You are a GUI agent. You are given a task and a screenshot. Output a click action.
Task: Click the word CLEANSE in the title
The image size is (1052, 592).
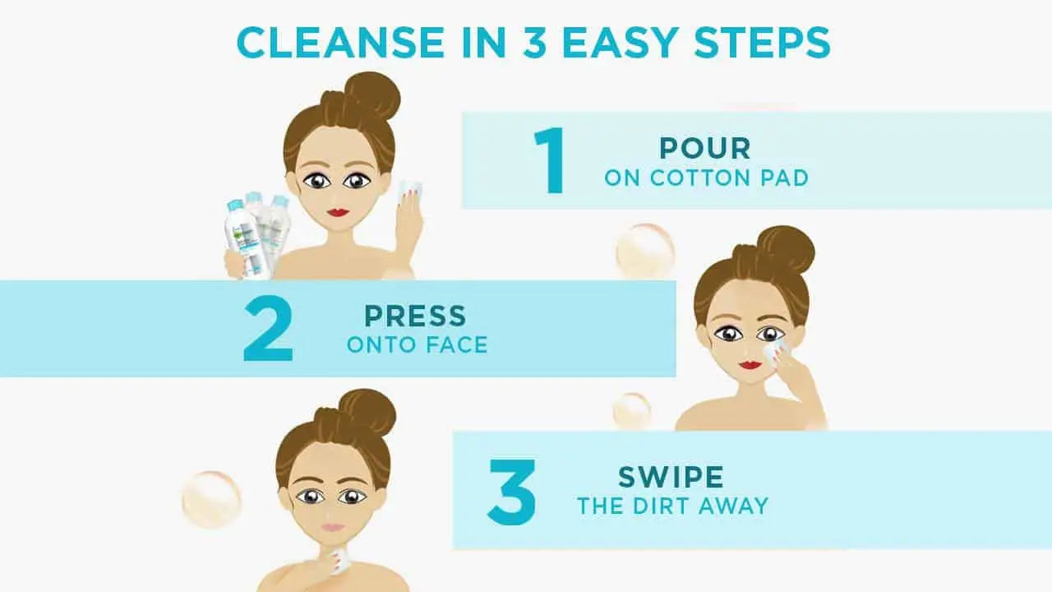click(x=340, y=42)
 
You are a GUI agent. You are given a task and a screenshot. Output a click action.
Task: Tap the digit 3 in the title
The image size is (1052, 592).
click(x=534, y=42)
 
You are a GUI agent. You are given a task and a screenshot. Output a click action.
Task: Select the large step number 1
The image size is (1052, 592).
click(x=550, y=160)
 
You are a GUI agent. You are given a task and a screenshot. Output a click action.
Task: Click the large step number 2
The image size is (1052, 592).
click(x=268, y=329)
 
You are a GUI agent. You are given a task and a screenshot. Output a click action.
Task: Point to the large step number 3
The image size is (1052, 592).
click(x=512, y=492)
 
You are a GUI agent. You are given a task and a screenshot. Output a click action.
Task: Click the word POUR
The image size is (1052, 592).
click(x=705, y=149)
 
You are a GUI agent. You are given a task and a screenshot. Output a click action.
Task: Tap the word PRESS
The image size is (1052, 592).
click(x=415, y=316)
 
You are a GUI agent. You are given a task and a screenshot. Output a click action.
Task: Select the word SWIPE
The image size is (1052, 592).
click(x=671, y=478)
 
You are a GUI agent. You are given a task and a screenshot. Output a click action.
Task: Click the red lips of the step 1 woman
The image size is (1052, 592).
click(x=337, y=212)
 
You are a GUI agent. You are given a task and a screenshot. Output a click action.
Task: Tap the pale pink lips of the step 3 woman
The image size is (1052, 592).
click(x=333, y=528)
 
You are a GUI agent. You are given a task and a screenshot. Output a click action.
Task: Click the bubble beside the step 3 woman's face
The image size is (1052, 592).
click(x=211, y=499)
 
